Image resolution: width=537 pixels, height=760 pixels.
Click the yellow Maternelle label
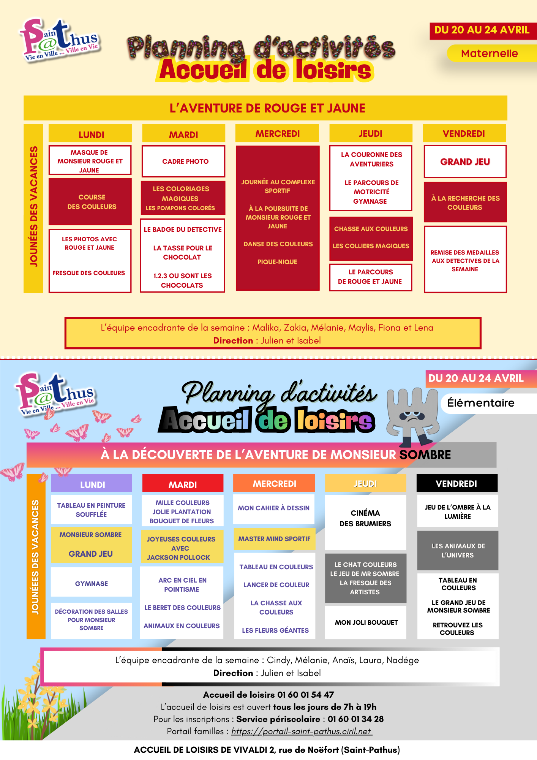point(489,54)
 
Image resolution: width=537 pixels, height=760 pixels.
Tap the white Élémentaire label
point(481,403)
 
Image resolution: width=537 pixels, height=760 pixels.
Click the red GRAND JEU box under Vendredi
point(465,162)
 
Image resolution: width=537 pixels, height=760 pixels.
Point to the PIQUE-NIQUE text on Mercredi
point(277,262)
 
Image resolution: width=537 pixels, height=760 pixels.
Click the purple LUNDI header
point(92,484)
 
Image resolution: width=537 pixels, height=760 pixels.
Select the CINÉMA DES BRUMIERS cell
point(365,518)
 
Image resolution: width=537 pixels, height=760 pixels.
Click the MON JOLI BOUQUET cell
point(366,622)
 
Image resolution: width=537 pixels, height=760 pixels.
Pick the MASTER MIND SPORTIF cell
point(274,539)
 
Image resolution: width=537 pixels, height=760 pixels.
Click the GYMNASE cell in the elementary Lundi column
point(91,584)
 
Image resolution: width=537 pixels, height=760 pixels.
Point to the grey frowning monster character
point(412,416)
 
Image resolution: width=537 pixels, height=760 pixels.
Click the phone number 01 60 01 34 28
point(355,719)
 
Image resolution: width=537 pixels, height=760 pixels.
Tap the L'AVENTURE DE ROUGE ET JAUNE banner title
point(267,108)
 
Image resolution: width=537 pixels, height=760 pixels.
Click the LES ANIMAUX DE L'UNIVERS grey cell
point(458,551)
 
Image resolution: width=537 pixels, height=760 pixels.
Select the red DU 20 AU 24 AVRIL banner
point(482,30)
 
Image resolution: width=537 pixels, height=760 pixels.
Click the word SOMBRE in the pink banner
point(425,455)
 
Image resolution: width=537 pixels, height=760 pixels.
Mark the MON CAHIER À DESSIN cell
point(273,508)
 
